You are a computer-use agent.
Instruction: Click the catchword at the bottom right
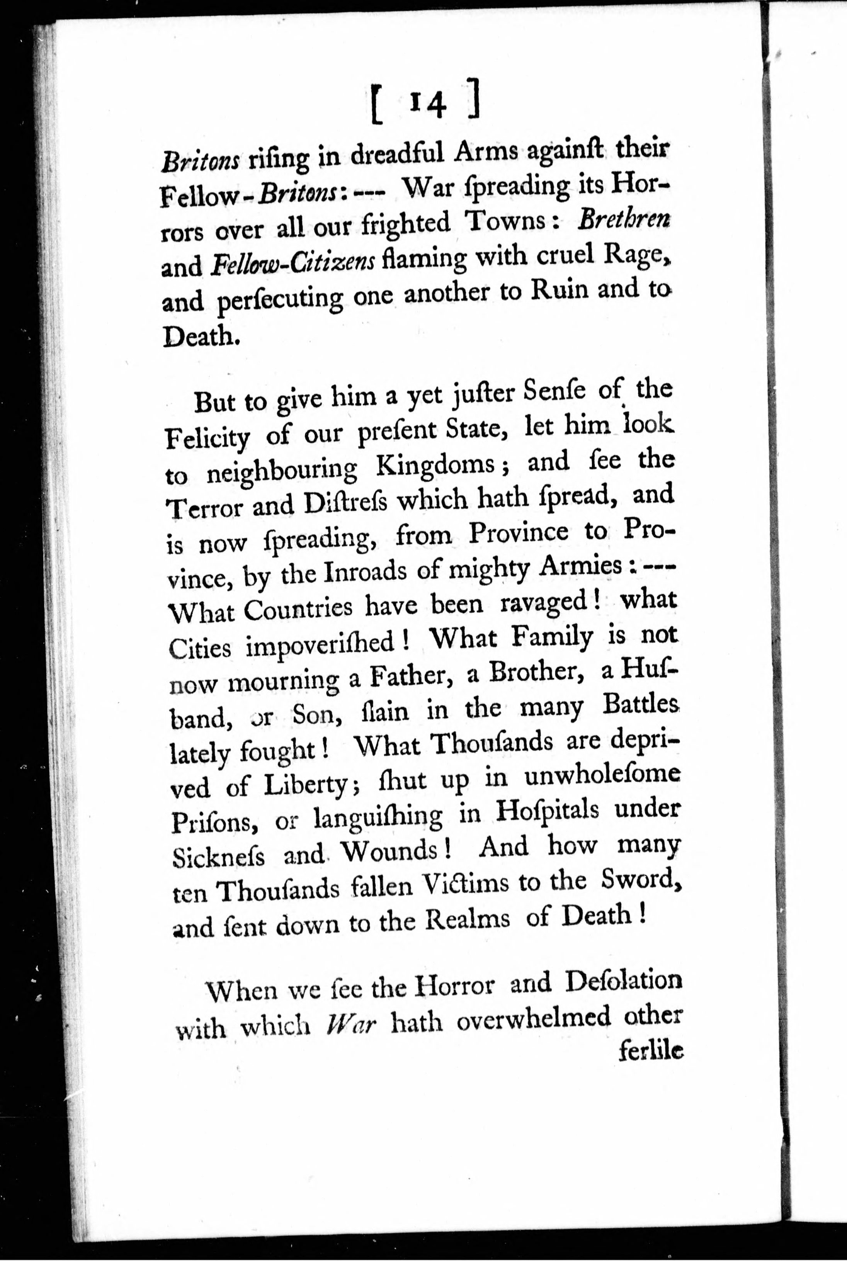tap(650, 1052)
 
